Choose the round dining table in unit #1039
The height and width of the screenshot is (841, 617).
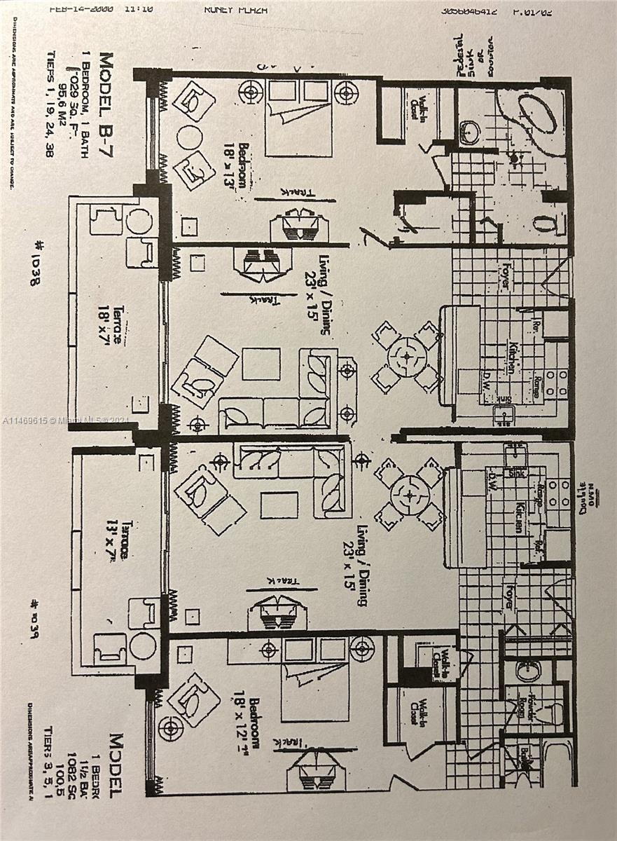click(x=410, y=495)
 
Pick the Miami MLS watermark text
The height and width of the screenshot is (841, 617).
click(x=66, y=420)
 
